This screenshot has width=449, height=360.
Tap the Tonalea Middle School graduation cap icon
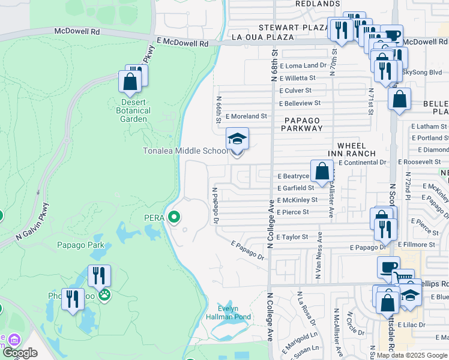pyautogui.click(x=237, y=139)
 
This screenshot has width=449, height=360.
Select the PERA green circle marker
pyautogui.click(x=174, y=217)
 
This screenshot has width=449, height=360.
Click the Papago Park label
pyautogui.click(x=80, y=245)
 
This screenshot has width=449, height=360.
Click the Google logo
pyautogui.click(x=20, y=353)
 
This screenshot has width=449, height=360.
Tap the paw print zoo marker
pyautogui.click(x=104, y=295)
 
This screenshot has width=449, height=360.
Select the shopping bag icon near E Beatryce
pyautogui.click(x=322, y=172)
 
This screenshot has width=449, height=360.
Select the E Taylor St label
pyautogui.click(x=292, y=237)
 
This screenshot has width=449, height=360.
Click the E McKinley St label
pyautogui.click(x=297, y=200)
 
